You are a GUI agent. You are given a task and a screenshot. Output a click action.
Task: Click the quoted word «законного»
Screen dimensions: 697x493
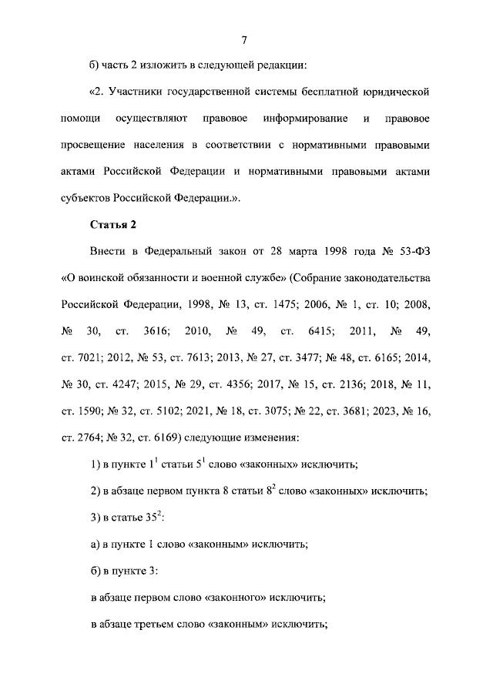pyautogui.click(x=237, y=597)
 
